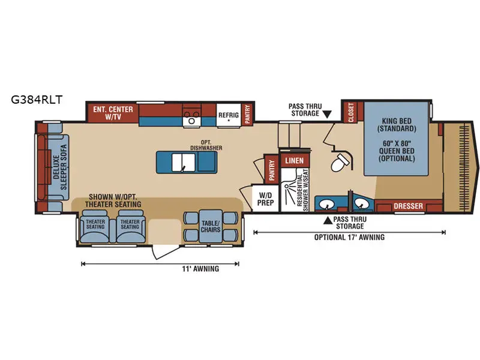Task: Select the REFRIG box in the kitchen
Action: coord(229,115)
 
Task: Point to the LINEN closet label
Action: coord(294,161)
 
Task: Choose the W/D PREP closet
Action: coord(266,199)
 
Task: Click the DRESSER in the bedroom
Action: coord(408,206)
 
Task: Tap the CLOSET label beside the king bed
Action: coord(349,112)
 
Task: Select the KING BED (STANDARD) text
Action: coord(397,124)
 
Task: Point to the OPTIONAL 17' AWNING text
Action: coord(350,237)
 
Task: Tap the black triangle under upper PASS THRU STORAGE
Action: coord(327,114)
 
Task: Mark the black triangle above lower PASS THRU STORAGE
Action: coord(328,220)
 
